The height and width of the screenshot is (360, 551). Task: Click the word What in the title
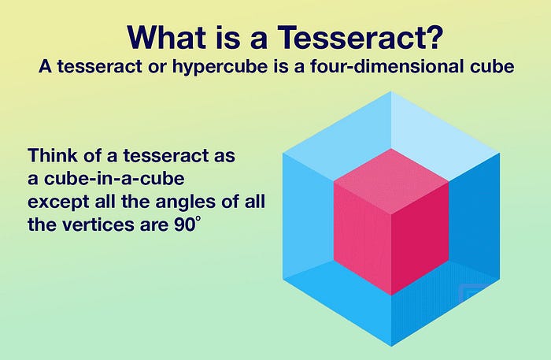(x=167, y=37)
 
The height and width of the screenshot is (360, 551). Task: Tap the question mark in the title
(x=432, y=37)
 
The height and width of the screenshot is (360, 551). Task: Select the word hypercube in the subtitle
(x=220, y=67)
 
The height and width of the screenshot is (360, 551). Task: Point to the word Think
(x=53, y=155)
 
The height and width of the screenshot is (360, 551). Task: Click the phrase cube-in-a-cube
(x=114, y=178)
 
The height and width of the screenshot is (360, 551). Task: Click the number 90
(x=184, y=225)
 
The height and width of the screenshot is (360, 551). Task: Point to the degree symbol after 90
(x=198, y=219)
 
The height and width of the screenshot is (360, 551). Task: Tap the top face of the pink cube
(x=391, y=181)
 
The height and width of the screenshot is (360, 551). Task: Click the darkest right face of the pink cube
(x=420, y=239)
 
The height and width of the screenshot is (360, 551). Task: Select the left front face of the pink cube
(x=362, y=239)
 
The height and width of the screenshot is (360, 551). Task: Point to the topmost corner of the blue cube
(x=391, y=91)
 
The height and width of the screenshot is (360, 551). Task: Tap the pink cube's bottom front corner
(x=391, y=295)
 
